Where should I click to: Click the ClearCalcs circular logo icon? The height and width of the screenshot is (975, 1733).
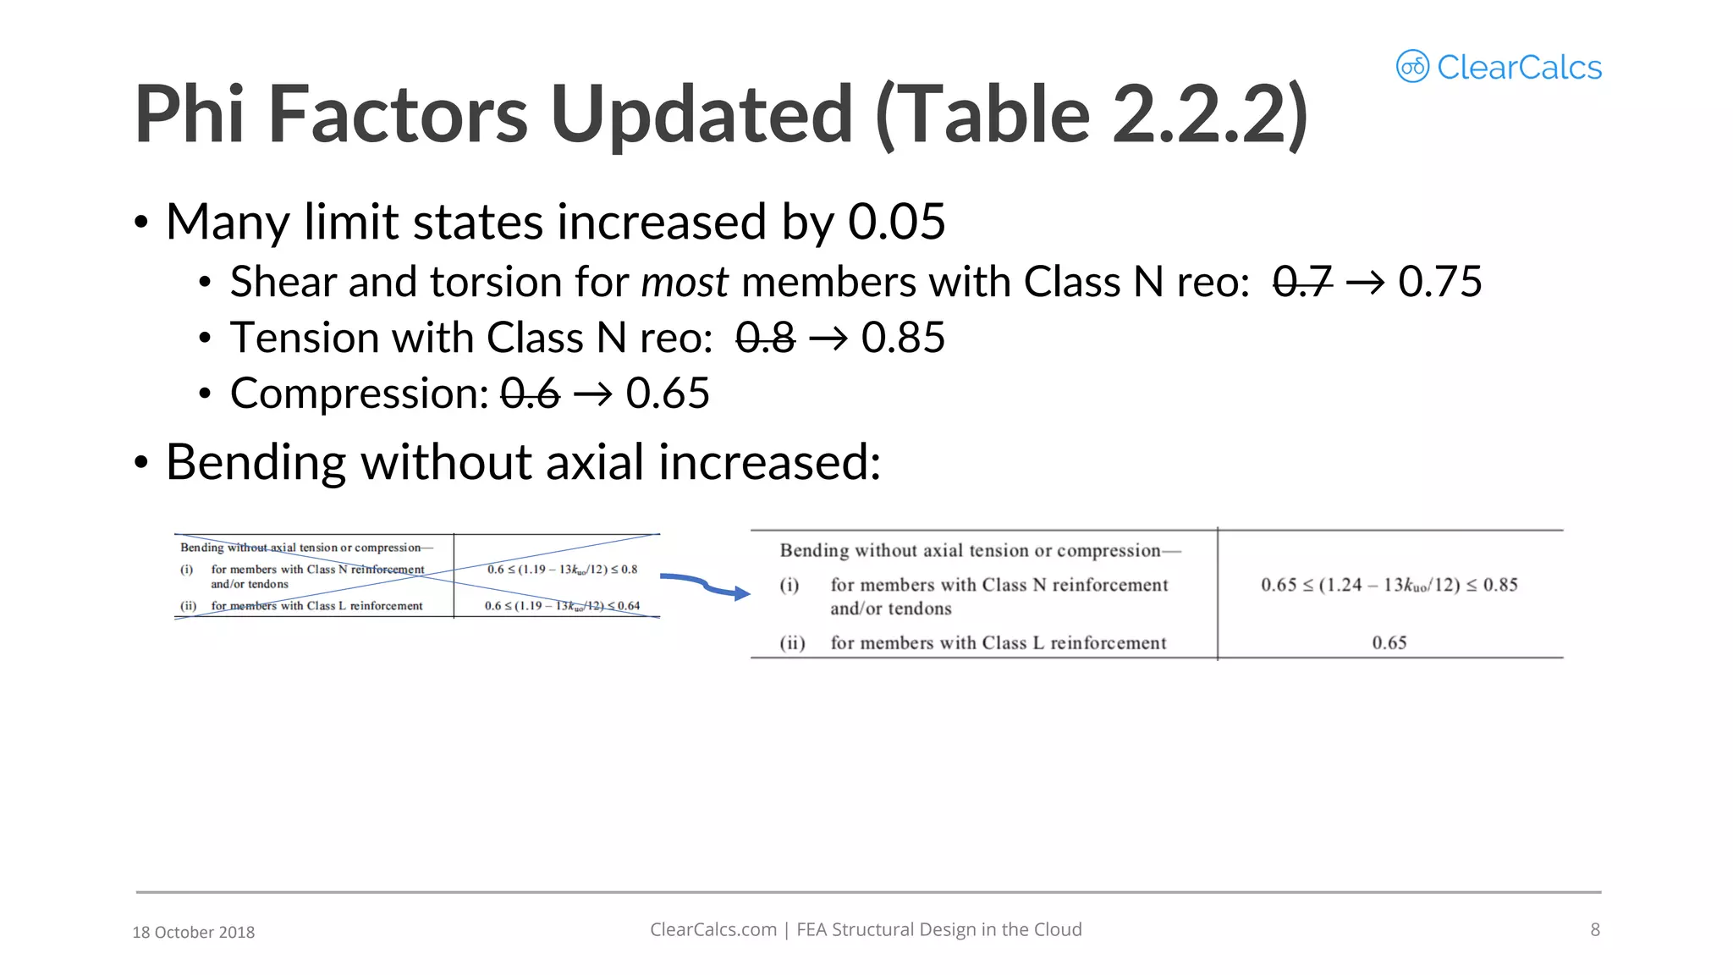point(1412,66)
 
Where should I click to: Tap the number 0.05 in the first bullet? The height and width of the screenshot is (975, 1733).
point(896,222)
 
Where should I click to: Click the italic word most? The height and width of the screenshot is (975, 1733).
point(685,282)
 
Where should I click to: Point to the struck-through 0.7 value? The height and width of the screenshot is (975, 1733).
point(1302,282)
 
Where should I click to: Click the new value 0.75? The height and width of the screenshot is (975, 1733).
point(1439,282)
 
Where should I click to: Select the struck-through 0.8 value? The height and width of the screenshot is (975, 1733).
point(765,338)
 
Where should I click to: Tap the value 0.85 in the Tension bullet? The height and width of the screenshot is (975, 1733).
point(902,338)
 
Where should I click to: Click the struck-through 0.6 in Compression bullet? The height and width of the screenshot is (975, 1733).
point(531,394)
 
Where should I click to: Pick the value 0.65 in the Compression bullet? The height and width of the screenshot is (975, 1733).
point(667,394)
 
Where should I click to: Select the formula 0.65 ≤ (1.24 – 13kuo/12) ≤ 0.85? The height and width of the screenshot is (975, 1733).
point(1389,585)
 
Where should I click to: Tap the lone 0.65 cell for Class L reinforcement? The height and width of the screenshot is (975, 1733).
point(1389,643)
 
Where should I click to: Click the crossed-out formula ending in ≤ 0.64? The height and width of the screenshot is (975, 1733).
point(562,606)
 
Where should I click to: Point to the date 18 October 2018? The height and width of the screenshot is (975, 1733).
point(193,932)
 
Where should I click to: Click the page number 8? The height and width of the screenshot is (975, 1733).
point(1594,929)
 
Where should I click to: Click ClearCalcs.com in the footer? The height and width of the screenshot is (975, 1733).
point(712,929)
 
